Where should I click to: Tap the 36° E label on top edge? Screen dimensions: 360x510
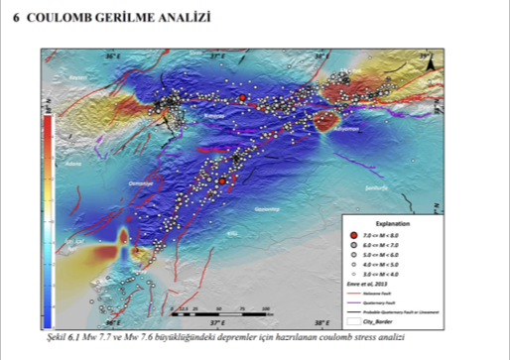[x=112, y=57]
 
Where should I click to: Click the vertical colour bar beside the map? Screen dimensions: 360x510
[x=48, y=218]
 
